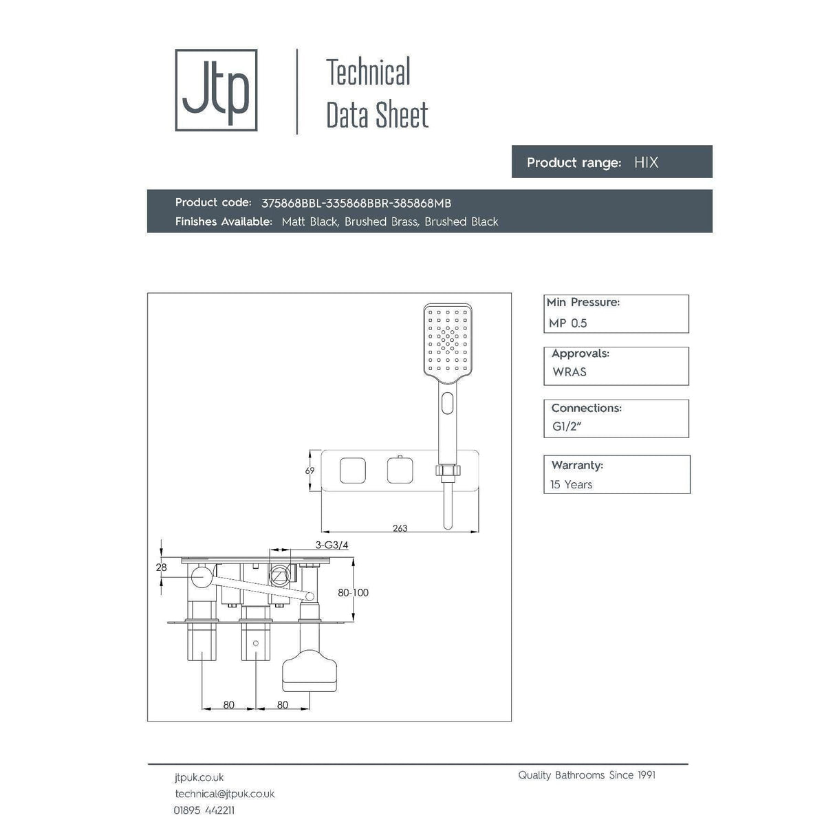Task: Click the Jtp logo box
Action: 216,90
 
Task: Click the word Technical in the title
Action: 368,73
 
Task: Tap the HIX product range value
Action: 646,162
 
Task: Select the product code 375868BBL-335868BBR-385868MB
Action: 356,203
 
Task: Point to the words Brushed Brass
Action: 381,221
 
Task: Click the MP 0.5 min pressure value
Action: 568,323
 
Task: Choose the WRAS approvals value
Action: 570,372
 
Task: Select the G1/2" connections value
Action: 567,426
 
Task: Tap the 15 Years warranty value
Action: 571,484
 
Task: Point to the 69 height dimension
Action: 310,471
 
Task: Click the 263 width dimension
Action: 400,528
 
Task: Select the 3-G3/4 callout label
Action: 332,545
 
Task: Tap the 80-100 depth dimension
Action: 353,592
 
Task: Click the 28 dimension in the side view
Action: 161,567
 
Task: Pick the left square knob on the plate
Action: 352,471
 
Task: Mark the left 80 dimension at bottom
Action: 228,704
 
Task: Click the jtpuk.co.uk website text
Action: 199,777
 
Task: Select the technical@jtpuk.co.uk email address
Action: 224,794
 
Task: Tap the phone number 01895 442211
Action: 204,810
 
